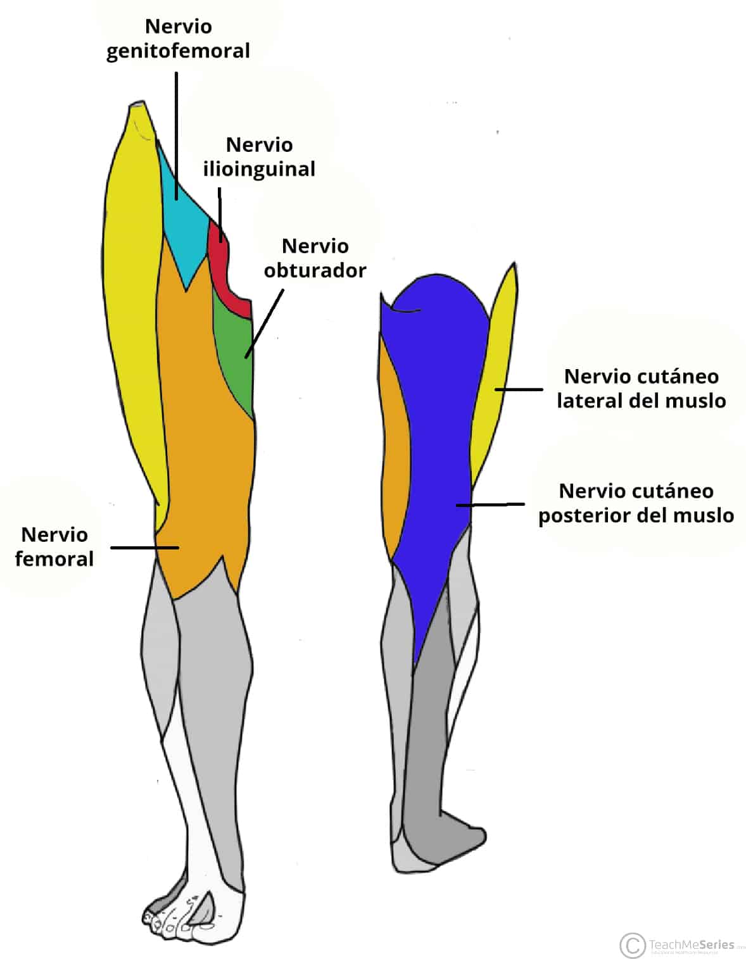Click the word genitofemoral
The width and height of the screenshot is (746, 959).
pos(178,51)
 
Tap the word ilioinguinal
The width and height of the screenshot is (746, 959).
pos(259,170)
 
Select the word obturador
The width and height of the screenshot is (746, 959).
pos(315,270)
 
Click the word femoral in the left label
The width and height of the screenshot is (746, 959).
pos(54,559)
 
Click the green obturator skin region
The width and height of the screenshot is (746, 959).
pos(236,353)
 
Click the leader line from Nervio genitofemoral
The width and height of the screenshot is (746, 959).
pos(176,136)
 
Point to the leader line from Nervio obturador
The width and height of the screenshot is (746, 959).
pos(265,323)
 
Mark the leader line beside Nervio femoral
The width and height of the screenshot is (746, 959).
pos(145,548)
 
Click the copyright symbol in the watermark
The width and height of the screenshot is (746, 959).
pos(633,945)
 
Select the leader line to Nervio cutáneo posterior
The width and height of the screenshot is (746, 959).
pos(490,505)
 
